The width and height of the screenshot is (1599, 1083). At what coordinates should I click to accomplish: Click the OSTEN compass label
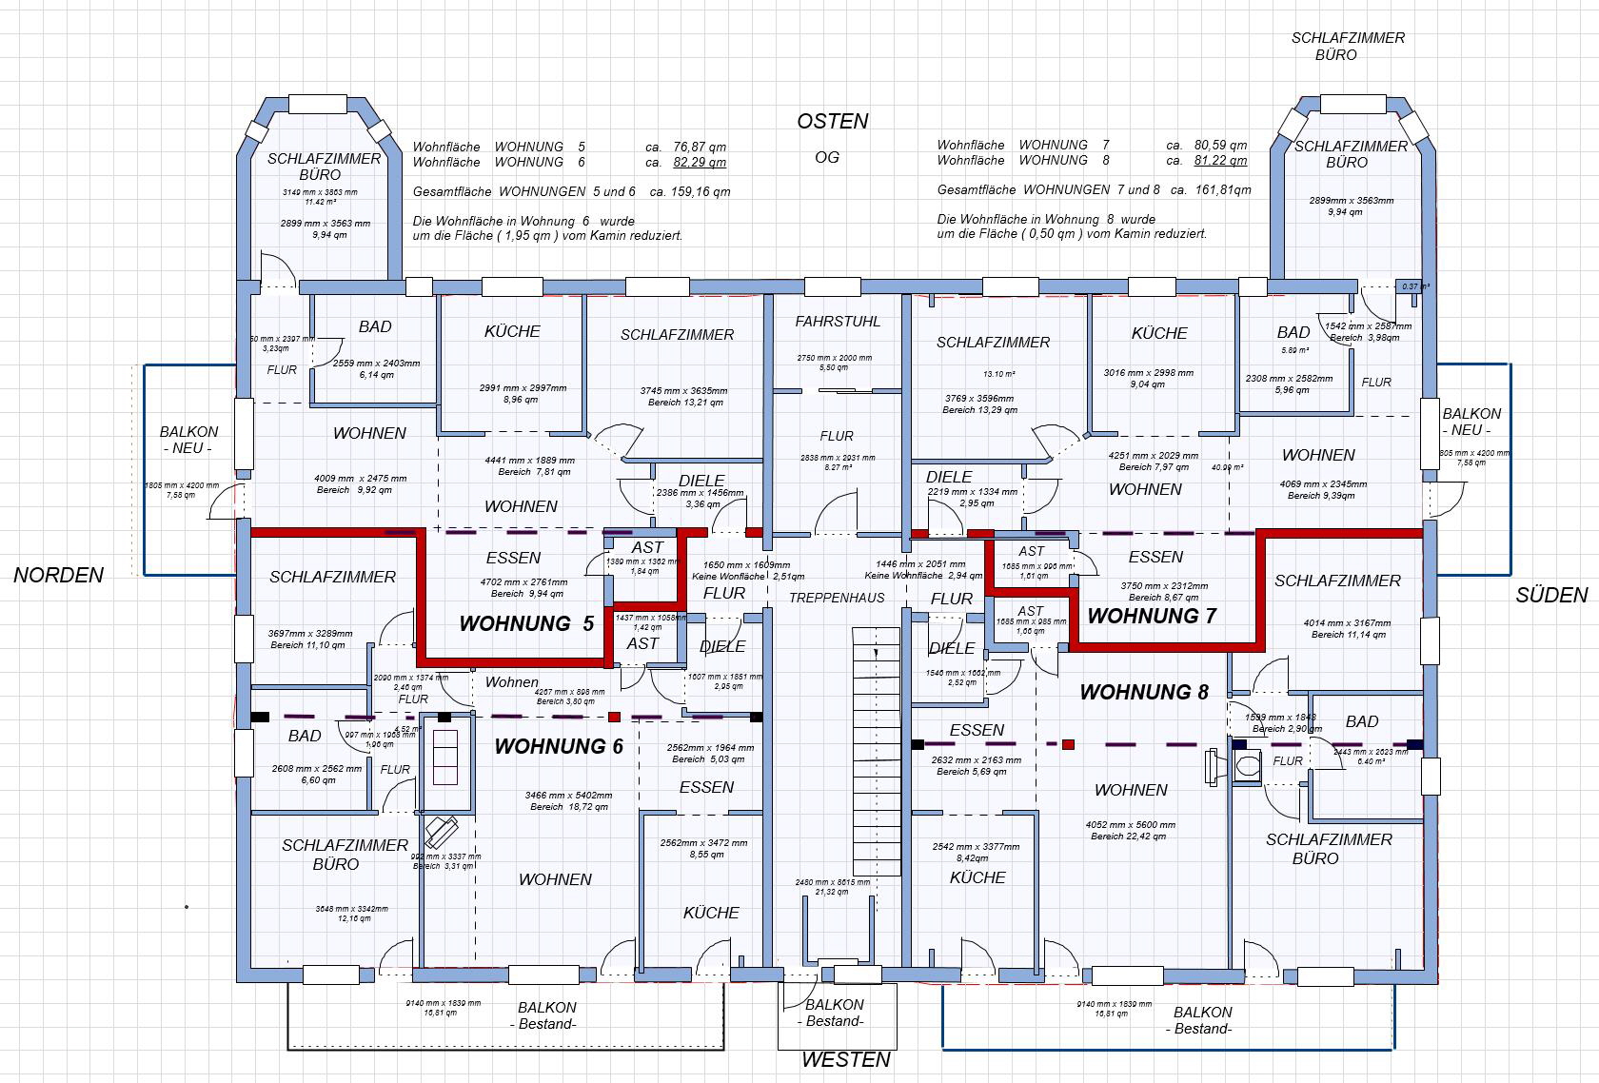(833, 122)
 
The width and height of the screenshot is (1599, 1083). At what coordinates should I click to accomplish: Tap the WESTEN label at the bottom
(846, 1059)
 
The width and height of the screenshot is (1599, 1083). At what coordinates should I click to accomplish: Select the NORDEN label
(58, 575)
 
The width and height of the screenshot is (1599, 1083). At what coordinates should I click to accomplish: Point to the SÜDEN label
(1551, 596)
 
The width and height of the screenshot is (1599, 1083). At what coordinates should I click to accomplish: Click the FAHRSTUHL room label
(838, 322)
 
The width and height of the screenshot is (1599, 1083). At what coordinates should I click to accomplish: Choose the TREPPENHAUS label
(837, 598)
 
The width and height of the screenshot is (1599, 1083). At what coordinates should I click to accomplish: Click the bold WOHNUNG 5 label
(526, 624)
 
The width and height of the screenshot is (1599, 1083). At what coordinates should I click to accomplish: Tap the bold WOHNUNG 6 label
(559, 747)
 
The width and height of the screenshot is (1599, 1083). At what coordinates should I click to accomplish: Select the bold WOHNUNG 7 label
(1151, 616)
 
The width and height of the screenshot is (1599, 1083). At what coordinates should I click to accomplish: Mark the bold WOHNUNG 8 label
(1143, 692)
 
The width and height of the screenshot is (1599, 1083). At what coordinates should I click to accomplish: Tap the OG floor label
(827, 158)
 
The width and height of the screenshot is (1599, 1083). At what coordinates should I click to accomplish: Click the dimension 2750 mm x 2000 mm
(835, 358)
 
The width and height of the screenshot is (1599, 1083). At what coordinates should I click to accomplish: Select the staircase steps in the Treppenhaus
(876, 752)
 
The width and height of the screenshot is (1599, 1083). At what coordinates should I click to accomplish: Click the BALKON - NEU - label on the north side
(188, 440)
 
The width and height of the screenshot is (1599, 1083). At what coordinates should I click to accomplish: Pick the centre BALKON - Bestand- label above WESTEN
(835, 1013)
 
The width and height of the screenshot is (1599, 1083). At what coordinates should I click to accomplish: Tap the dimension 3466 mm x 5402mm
(568, 795)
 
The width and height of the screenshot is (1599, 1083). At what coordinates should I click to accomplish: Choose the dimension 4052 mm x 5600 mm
(1130, 825)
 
